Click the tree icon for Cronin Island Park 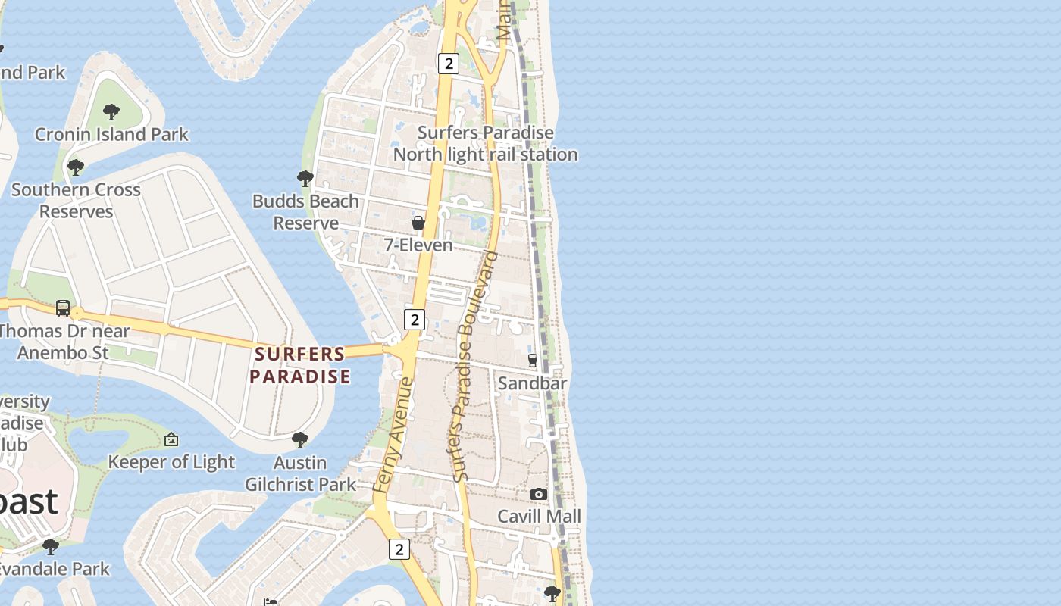coord(111,112)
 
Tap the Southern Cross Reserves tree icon coord(75,167)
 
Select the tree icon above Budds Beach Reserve coord(305,179)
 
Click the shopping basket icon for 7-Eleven coord(418,223)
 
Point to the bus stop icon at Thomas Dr coord(63,308)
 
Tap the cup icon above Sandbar coord(532,360)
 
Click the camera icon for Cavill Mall coord(539,495)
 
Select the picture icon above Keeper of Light coord(171,439)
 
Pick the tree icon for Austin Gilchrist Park coord(300,439)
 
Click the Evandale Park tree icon coord(51,546)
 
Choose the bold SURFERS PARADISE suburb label coord(300,365)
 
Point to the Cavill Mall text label coord(539,517)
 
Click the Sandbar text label coord(532,383)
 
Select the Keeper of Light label coord(171,462)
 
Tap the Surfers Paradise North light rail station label coord(485,143)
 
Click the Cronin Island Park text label coord(111,135)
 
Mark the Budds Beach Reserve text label coord(305,212)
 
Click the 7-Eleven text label coord(418,245)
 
